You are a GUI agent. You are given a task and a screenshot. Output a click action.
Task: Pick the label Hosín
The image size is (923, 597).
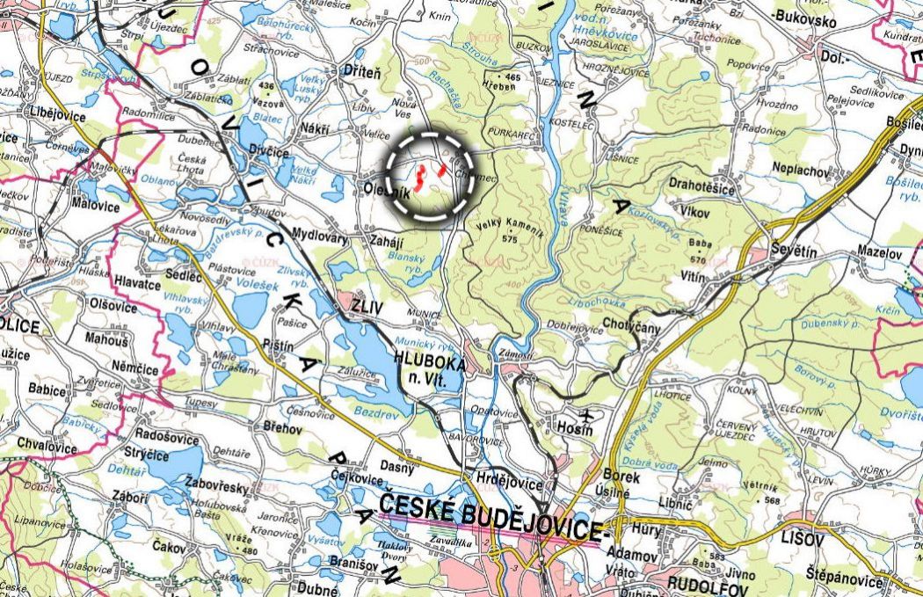pyautogui.click(x=576, y=428)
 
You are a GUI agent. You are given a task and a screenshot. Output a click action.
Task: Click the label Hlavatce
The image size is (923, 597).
pyautogui.click(x=137, y=282)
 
